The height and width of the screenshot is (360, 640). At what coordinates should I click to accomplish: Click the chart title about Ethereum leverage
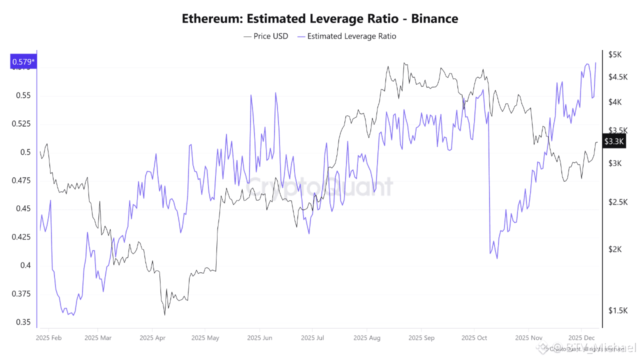tap(320, 19)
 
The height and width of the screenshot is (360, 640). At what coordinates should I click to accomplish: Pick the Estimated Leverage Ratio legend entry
tap(346, 36)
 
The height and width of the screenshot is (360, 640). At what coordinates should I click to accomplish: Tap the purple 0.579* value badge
tap(23, 62)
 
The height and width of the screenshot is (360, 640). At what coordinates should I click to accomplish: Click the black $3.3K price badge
tap(614, 141)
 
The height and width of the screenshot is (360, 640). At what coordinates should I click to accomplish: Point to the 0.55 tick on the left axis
tap(23, 95)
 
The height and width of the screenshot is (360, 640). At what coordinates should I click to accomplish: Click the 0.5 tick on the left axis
tap(25, 152)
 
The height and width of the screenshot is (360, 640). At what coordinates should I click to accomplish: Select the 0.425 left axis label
tap(21, 237)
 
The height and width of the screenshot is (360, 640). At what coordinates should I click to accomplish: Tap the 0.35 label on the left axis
tap(23, 322)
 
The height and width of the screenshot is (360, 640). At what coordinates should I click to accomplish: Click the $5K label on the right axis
tap(614, 54)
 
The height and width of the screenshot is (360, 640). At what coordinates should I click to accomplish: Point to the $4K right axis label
tap(614, 102)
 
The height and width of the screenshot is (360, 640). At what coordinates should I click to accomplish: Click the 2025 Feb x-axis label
tap(49, 338)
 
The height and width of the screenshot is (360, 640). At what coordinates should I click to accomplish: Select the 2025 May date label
tap(205, 338)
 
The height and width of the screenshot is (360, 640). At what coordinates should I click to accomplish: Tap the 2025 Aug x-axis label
tap(366, 338)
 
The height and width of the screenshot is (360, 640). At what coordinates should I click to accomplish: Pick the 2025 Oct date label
tap(474, 338)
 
